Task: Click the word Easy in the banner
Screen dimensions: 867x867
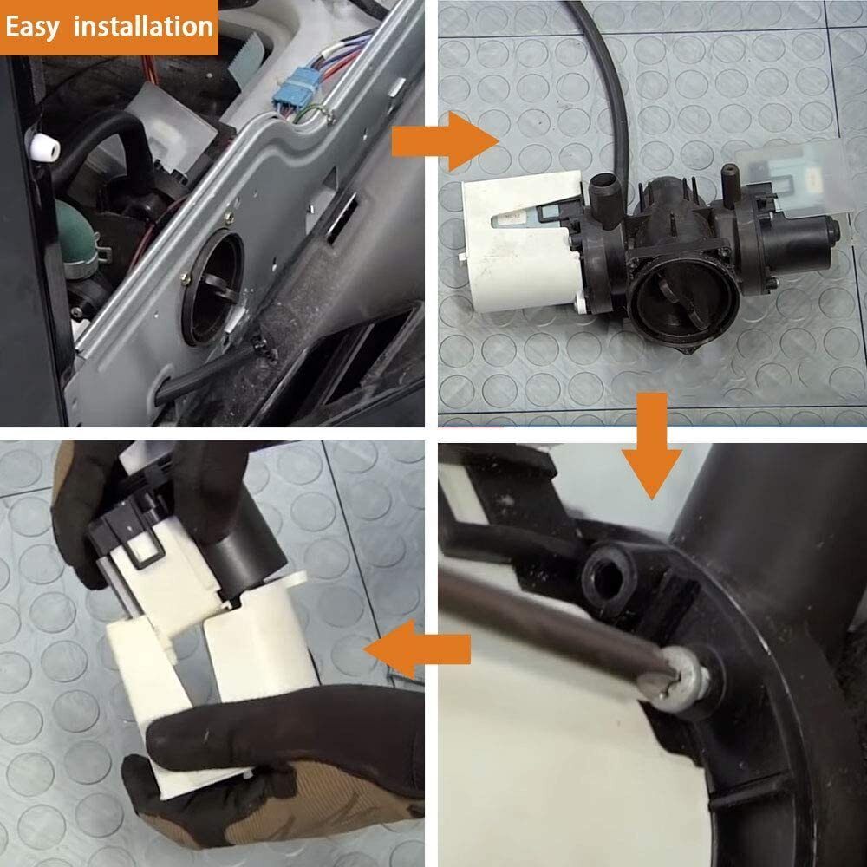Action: tap(33, 27)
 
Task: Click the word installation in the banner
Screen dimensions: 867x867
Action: tap(143, 27)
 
